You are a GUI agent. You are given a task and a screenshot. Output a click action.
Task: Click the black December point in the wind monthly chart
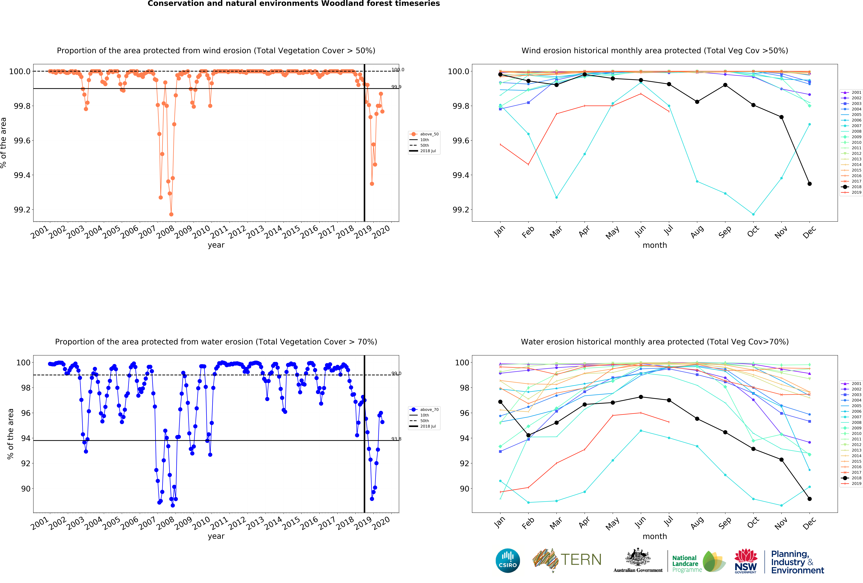pyautogui.click(x=810, y=184)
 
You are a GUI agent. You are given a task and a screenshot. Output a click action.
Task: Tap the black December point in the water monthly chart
pyautogui.click(x=810, y=499)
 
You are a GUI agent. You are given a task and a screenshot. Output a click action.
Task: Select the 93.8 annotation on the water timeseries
pyautogui.click(x=396, y=439)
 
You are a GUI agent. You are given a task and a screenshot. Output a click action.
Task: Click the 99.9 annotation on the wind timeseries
pyautogui.click(x=396, y=87)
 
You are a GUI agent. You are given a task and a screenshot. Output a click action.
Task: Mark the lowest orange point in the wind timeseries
pyautogui.click(x=171, y=214)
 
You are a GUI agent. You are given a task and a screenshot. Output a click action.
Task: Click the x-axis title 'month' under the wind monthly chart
pyautogui.click(x=655, y=245)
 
